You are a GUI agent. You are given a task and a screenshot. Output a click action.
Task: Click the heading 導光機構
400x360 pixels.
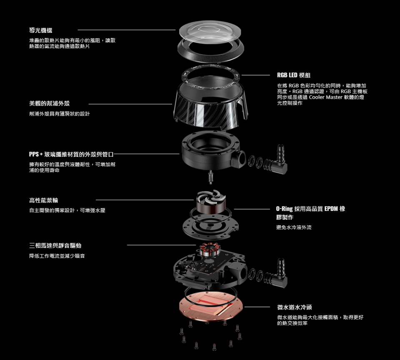(x=41, y=30)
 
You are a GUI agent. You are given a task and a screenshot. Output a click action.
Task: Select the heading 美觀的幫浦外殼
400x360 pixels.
(x=50, y=104)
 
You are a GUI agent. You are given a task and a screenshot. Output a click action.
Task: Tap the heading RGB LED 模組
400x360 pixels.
(x=294, y=75)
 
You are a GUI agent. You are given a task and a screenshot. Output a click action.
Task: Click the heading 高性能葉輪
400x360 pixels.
(x=44, y=200)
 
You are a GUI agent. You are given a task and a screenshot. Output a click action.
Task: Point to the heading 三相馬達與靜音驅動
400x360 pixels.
(x=55, y=246)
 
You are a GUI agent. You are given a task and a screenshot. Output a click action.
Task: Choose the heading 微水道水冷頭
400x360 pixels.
(x=295, y=307)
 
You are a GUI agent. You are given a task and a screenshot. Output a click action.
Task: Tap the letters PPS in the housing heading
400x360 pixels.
(x=34, y=154)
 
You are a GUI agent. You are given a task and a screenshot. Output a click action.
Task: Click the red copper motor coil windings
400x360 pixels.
(x=210, y=250)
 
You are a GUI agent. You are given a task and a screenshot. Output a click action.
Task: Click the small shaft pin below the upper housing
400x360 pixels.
(x=211, y=176)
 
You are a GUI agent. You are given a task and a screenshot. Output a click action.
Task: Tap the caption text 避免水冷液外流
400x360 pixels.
(x=294, y=227)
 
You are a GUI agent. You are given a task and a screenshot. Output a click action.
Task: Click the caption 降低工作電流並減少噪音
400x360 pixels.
(x=57, y=256)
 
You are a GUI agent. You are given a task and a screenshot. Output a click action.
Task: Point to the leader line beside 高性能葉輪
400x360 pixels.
(x=145, y=200)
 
